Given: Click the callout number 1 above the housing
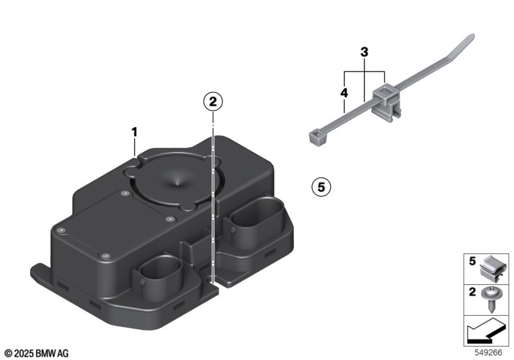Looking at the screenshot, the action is pyautogui.click(x=134, y=132).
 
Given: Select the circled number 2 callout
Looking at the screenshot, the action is pyautogui.click(x=213, y=102).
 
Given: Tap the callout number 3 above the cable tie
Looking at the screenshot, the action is pyautogui.click(x=364, y=52).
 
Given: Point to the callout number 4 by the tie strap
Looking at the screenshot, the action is pyautogui.click(x=344, y=93).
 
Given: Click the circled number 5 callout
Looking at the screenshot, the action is pyautogui.click(x=321, y=187).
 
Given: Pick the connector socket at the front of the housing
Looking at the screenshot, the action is pyautogui.click(x=157, y=275).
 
